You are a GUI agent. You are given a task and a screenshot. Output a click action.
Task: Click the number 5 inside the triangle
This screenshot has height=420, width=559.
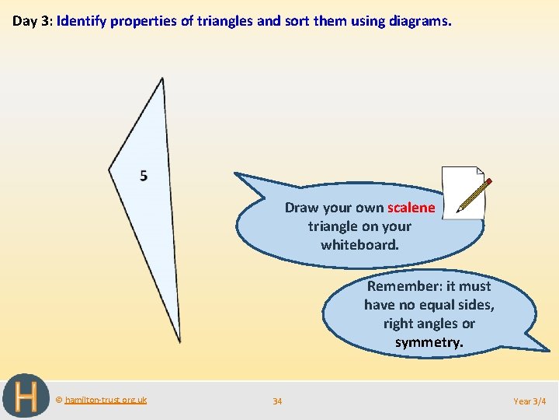[144, 176]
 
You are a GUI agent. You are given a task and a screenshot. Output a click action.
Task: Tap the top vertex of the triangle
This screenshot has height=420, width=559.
[161, 79]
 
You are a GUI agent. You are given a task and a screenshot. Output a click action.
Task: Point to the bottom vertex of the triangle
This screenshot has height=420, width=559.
[179, 340]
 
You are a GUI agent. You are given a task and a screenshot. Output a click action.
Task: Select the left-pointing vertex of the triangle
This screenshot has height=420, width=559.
[109, 168]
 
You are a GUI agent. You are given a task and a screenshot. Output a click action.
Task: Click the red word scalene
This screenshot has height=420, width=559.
[411, 208]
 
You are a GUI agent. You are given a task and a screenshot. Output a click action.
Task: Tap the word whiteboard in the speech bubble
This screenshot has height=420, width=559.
[359, 245]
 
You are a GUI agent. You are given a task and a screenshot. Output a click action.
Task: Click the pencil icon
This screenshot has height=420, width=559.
[474, 195]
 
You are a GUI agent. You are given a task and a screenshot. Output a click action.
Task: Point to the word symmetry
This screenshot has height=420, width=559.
[429, 342]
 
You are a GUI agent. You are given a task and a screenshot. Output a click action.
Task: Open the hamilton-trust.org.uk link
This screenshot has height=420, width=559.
[106, 400]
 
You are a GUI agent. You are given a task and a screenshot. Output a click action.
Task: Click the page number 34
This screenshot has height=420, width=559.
[277, 401]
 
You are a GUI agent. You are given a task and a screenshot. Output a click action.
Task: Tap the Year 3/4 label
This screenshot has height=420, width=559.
[529, 401]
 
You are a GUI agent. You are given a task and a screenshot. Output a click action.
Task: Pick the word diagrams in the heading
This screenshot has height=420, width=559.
[418, 21]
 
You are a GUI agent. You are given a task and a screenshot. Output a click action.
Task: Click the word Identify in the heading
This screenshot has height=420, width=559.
[82, 21]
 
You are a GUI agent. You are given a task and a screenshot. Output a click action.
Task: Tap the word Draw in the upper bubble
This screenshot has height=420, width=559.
[301, 208]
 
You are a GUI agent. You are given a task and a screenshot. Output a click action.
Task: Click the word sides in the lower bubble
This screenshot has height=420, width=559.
[474, 305]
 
